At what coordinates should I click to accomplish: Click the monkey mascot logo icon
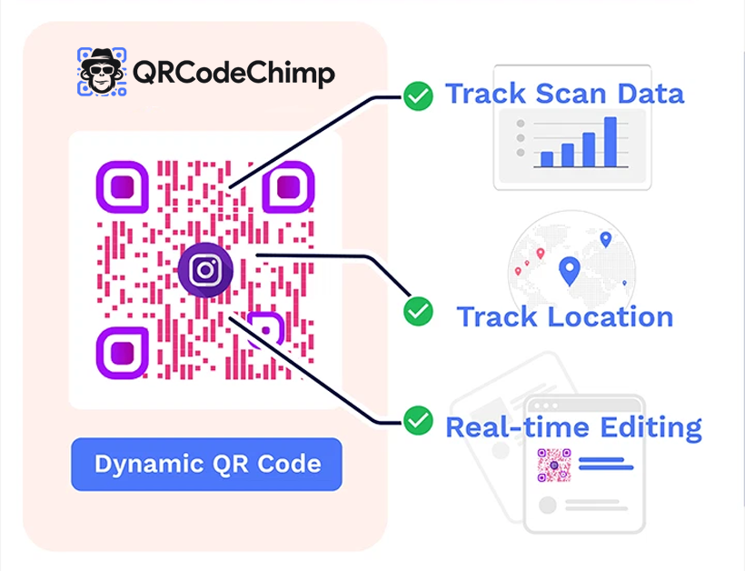point(100,71)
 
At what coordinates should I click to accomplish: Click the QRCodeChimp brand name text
point(233,73)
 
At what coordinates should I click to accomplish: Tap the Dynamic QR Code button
point(206,464)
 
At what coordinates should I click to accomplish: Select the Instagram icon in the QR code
point(206,270)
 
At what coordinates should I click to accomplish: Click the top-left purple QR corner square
point(122,188)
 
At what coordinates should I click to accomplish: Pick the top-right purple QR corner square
point(288,188)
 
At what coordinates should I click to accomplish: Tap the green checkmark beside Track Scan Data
point(418,95)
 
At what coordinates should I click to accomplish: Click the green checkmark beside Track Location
point(418,311)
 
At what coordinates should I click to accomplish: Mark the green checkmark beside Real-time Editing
point(418,420)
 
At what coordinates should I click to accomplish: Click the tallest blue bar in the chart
point(611,142)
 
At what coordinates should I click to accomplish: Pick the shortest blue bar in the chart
point(547,159)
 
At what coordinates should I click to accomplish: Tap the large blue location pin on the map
point(570,270)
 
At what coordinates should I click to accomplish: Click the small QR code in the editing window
point(553,465)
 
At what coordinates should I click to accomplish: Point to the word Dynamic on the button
point(144,464)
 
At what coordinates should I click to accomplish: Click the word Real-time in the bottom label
point(512,426)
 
